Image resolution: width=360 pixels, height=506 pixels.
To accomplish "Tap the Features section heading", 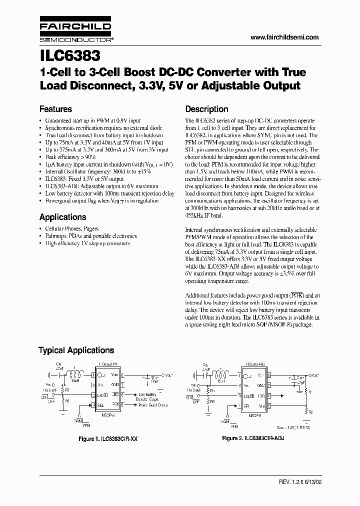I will click(x=55, y=109).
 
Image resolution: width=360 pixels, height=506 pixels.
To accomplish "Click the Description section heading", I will click(x=206, y=109).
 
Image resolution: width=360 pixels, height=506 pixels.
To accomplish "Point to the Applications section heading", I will click(x=62, y=217).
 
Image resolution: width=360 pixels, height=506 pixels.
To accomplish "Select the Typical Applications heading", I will click(x=76, y=350).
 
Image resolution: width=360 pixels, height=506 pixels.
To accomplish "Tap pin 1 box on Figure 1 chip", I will click(x=93, y=375).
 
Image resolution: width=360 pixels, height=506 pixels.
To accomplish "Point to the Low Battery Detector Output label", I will click(x=150, y=396).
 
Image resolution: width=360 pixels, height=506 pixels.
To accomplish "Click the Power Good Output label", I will click(x=152, y=405).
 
